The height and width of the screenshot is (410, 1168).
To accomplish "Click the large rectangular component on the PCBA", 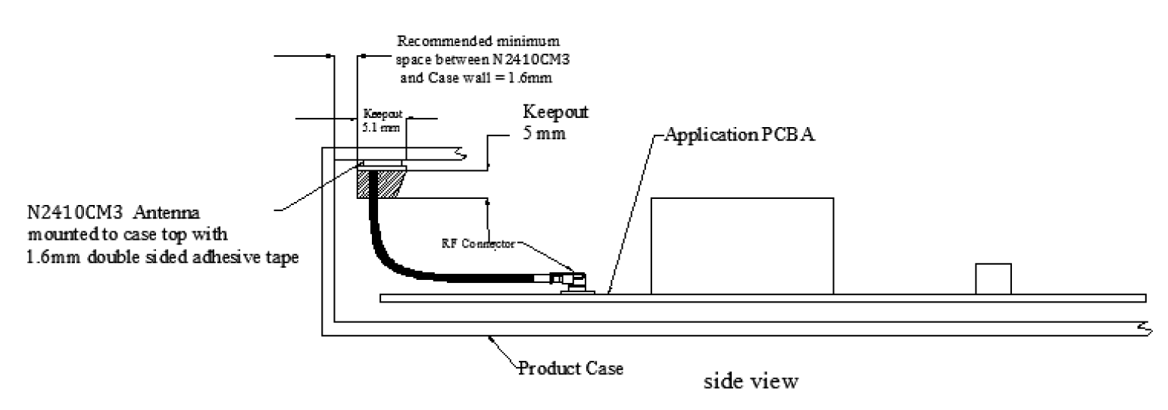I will click(x=742, y=245).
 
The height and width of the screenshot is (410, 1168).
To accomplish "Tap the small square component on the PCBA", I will click(x=993, y=278).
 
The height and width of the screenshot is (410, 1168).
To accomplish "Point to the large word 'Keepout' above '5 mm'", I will click(x=556, y=111).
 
